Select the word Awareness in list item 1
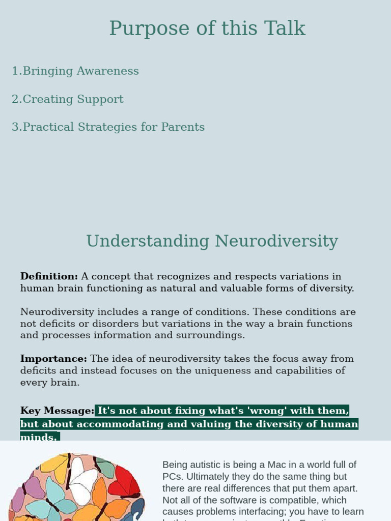click(x=107, y=71)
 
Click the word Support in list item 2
click(x=100, y=99)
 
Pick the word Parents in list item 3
click(x=183, y=127)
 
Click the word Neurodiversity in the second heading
click(x=276, y=241)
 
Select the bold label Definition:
click(x=49, y=276)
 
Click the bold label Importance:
click(x=53, y=359)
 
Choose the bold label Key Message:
click(x=57, y=411)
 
